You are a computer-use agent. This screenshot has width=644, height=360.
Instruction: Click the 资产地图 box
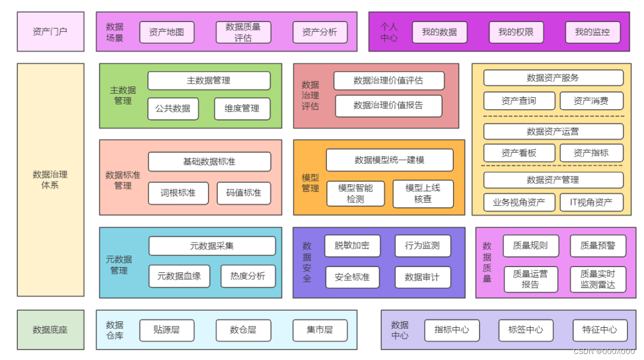167,32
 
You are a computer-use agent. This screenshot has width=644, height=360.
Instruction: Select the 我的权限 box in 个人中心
516,32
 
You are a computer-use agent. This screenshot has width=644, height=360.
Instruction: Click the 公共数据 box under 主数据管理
173,108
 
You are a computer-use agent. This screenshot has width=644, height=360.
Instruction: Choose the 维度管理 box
242,108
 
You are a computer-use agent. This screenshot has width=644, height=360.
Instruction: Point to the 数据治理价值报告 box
388,105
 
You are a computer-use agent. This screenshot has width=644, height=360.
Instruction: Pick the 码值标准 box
243,193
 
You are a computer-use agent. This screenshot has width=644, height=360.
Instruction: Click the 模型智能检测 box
355,194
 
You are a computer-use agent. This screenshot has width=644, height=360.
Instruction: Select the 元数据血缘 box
179,276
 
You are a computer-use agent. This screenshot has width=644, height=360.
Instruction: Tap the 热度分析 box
247,276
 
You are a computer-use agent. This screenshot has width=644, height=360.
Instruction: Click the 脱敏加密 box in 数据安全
352,246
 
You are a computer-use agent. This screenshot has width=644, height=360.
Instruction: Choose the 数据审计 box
422,277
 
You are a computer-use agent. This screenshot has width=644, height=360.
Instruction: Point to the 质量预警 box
597,246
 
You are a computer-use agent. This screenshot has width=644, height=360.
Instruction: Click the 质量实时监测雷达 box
597,279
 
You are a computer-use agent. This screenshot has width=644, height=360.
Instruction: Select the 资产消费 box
591,101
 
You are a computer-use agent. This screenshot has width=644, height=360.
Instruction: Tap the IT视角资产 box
591,202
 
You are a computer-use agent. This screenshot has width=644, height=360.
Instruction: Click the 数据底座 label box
50,330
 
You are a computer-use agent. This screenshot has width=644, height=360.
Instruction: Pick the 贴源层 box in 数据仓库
166,330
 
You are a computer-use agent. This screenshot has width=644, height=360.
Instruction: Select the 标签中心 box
525,330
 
